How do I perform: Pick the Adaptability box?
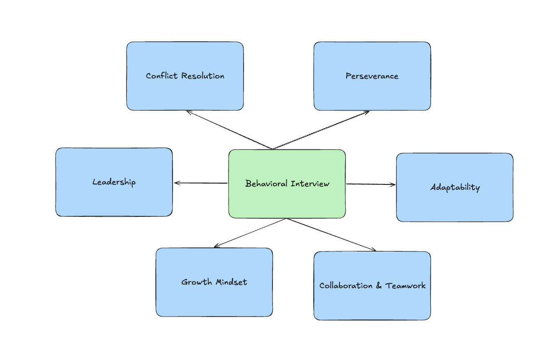click(x=454, y=204)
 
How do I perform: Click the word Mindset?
click(x=231, y=282)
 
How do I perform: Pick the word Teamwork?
click(x=406, y=286)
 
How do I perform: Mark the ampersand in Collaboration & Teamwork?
click(x=379, y=286)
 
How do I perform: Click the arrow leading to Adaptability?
click(x=371, y=184)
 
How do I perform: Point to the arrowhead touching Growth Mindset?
click(x=215, y=247)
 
